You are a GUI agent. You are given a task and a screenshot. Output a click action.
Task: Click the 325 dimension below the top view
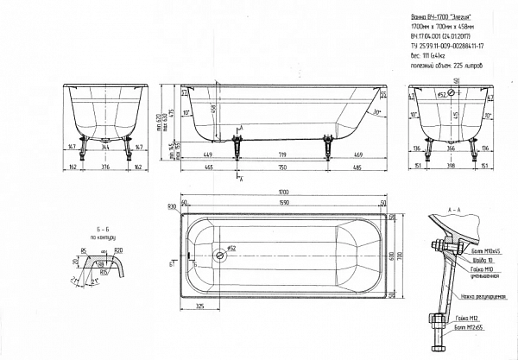(x=200, y=308)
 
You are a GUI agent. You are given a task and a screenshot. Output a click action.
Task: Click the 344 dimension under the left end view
(x=104, y=148)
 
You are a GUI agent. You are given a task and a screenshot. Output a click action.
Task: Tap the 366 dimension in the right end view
(x=453, y=148)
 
